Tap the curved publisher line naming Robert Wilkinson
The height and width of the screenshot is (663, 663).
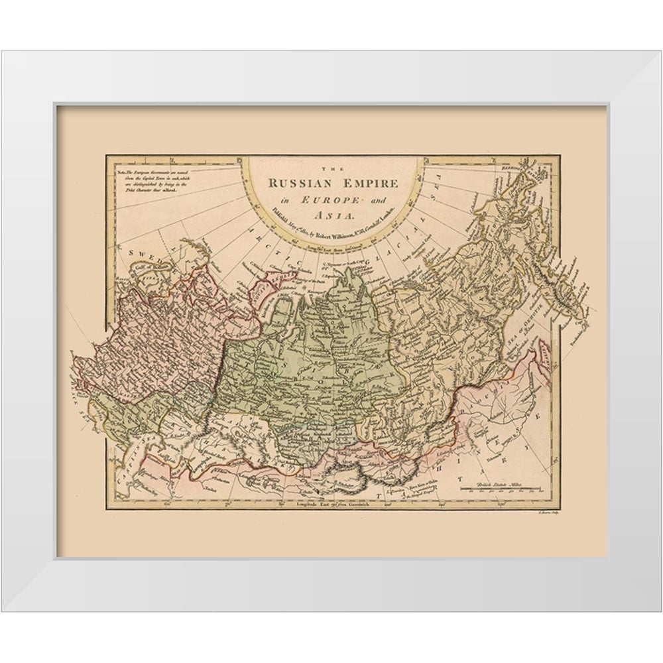(335, 225)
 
